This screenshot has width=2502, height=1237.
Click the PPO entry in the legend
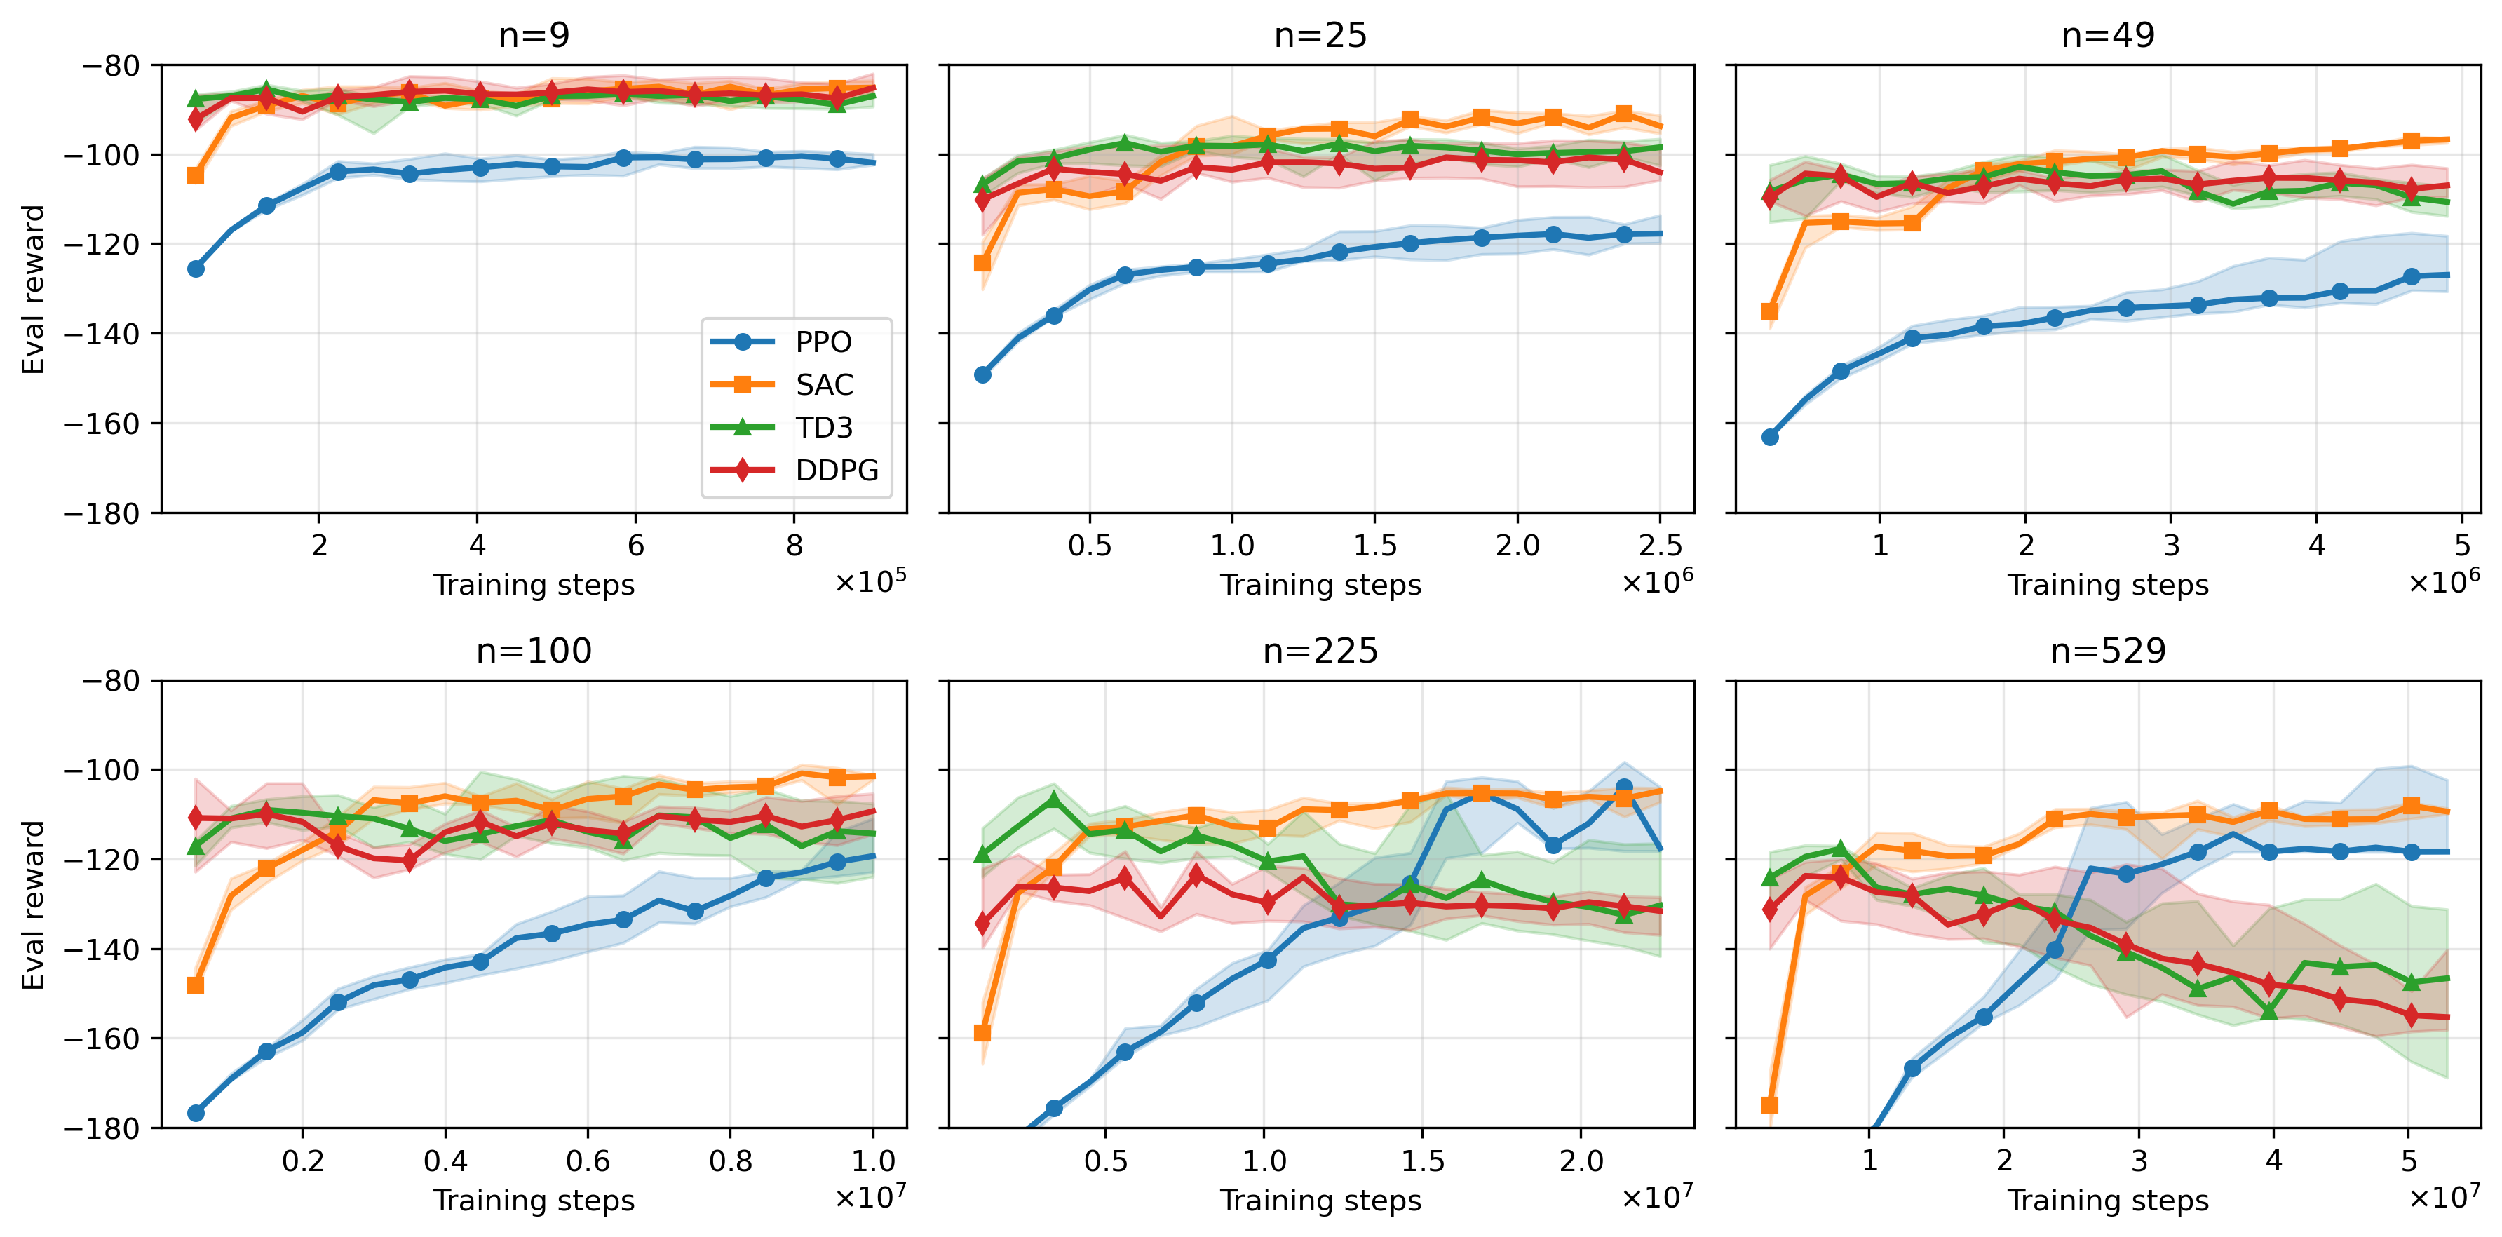(x=822, y=342)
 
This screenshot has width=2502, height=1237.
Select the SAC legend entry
(x=824, y=384)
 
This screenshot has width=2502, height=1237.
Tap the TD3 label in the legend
(x=824, y=427)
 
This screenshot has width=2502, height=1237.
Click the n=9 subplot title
(x=533, y=35)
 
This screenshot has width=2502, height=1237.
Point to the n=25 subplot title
(x=1320, y=35)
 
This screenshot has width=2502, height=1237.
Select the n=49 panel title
(x=2108, y=35)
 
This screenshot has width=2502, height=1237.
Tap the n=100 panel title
(x=533, y=651)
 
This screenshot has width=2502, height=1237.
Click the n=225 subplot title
(x=1320, y=651)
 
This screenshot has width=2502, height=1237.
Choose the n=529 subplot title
(x=2108, y=651)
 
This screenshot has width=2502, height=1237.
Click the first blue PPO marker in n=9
(x=195, y=269)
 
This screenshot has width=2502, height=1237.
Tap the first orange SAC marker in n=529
(x=1770, y=1105)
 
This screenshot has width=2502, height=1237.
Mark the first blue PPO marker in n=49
(x=1770, y=437)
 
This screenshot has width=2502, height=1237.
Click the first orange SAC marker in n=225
(x=982, y=1033)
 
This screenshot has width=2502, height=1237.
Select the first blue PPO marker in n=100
(x=195, y=1113)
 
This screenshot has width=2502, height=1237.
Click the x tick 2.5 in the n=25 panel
(x=1660, y=546)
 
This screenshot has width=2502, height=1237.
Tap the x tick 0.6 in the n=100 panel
(x=588, y=1161)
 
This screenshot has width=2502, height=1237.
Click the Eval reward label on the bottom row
(x=33, y=904)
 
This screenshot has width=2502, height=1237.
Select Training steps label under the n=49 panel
(x=2108, y=585)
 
